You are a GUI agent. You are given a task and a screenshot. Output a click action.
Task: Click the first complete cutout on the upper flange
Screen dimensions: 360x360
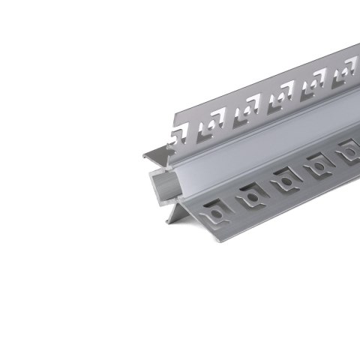point(212,131)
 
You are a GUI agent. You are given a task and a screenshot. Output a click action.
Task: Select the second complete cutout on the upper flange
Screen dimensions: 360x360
point(247,112)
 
